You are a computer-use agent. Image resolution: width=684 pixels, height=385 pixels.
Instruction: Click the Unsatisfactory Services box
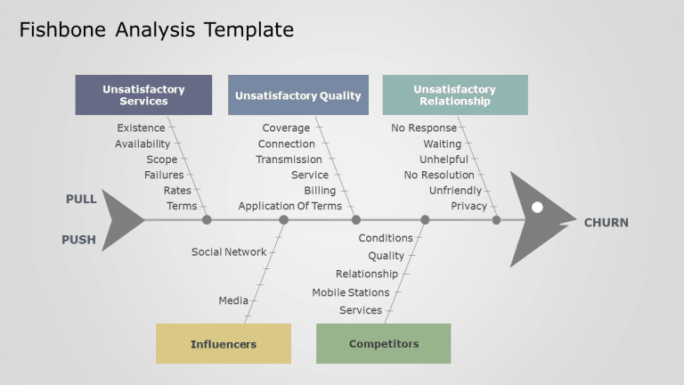click(143, 95)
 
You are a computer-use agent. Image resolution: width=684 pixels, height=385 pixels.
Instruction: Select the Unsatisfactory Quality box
click(297, 95)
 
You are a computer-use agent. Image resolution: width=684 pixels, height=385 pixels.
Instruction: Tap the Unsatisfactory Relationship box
click(454, 95)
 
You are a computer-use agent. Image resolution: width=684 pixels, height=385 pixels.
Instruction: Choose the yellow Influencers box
click(223, 344)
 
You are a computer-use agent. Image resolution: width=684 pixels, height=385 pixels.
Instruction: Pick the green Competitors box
click(383, 344)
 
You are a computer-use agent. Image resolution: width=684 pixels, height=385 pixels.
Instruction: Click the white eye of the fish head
click(537, 208)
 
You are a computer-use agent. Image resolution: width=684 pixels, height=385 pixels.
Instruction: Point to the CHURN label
click(606, 223)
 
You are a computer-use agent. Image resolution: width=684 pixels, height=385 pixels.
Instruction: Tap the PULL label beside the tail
click(81, 200)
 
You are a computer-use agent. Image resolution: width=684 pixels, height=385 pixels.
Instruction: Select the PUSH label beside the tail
click(78, 240)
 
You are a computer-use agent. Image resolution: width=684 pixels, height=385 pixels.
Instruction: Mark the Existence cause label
click(141, 128)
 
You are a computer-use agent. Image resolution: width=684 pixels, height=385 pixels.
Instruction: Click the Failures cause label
click(164, 176)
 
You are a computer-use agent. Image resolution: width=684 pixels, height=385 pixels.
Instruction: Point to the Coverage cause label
click(286, 128)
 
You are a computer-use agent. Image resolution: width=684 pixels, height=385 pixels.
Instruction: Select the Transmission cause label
click(289, 160)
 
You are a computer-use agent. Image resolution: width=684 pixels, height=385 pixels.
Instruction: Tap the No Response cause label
click(424, 128)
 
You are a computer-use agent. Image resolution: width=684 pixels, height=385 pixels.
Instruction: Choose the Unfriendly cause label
click(455, 191)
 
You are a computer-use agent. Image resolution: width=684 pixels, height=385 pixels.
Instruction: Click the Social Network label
click(229, 252)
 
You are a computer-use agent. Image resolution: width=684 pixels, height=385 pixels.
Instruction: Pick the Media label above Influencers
click(233, 301)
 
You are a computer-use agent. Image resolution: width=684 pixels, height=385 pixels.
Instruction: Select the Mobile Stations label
click(350, 292)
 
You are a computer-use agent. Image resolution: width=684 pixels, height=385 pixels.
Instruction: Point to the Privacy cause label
click(468, 207)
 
